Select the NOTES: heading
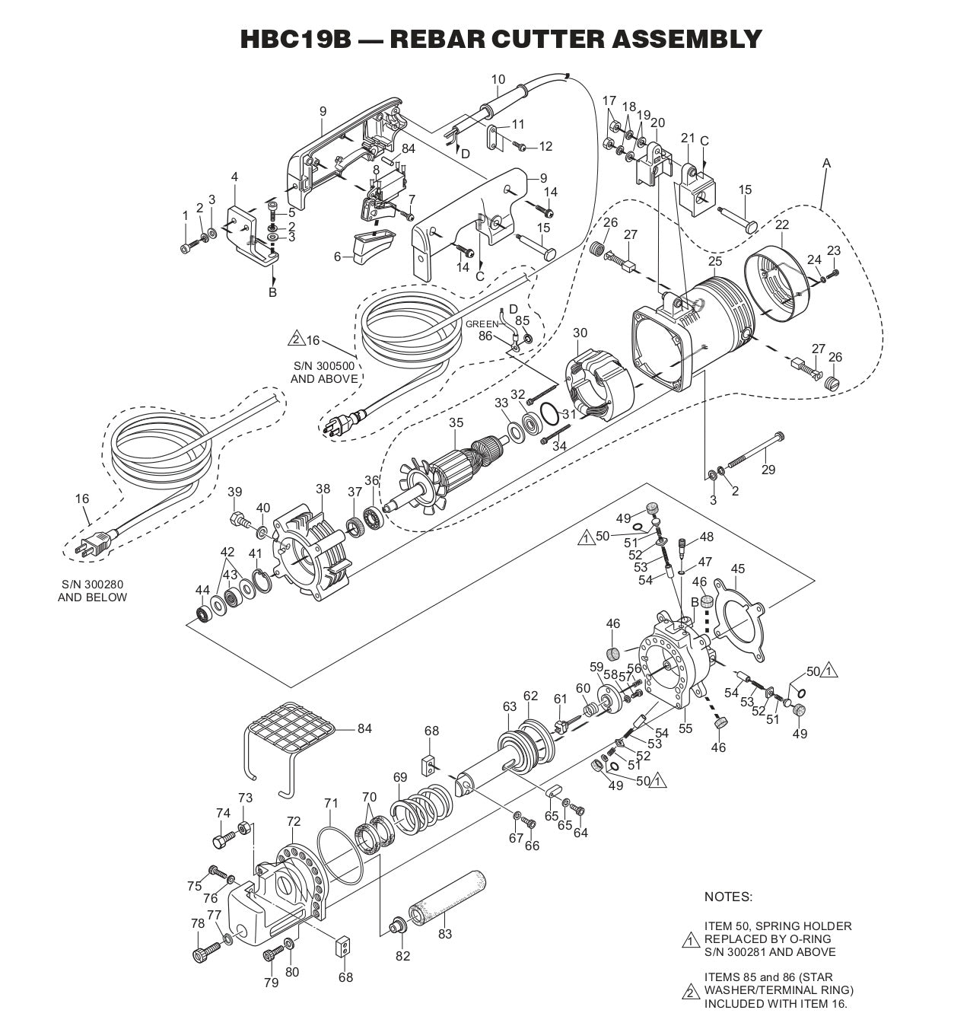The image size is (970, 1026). tap(728, 897)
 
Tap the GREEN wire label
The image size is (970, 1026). tap(482, 323)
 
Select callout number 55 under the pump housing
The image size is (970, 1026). tap(685, 728)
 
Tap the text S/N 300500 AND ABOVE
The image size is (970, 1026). tap(324, 372)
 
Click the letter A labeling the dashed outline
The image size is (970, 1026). tap(827, 163)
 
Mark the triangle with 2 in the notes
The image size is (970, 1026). tap(690, 992)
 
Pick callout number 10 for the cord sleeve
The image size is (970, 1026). tap(498, 79)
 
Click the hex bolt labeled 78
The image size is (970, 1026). tap(204, 951)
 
